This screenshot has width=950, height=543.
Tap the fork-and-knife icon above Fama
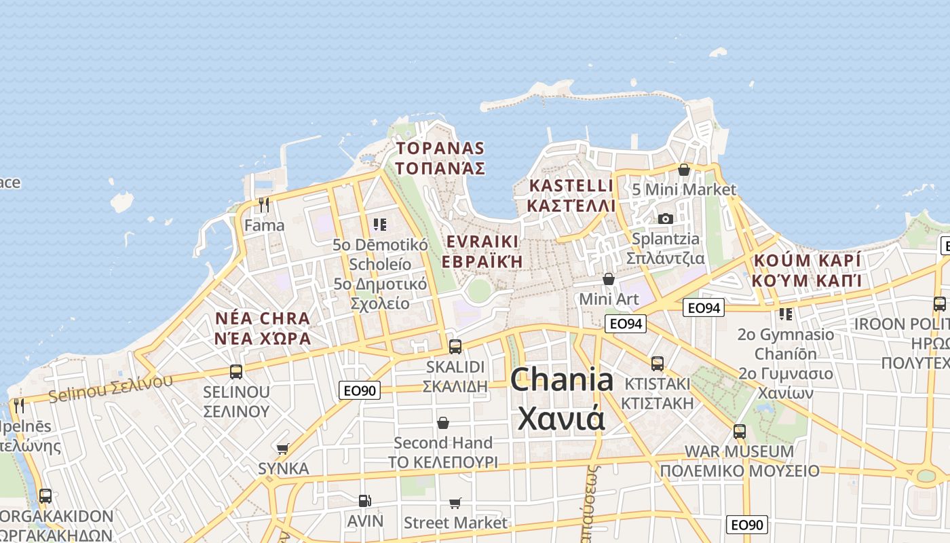point(264,204)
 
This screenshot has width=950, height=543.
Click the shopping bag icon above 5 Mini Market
point(684,170)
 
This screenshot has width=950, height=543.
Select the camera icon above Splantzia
point(665,219)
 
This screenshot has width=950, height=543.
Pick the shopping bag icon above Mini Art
point(609,279)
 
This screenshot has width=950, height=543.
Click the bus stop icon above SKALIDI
point(455,346)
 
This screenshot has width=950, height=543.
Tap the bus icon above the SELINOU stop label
point(236,371)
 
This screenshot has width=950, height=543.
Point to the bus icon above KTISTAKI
point(657,363)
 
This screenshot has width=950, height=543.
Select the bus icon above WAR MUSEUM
point(739,431)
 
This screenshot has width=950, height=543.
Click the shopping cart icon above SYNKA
point(283,449)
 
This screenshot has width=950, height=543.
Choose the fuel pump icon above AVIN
point(364,501)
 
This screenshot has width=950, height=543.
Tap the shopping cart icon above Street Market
point(455,503)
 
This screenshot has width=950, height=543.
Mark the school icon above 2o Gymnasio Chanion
point(785,314)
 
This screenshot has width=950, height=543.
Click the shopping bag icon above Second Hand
point(443,423)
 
